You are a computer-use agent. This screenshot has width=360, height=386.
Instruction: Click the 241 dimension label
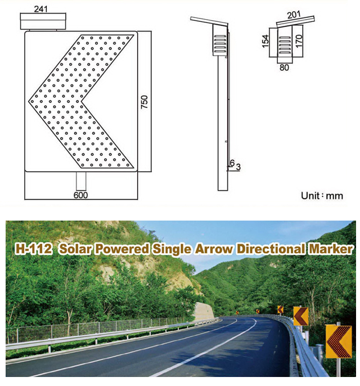tap(40, 9)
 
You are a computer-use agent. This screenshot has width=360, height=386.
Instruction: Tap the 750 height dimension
tap(144, 102)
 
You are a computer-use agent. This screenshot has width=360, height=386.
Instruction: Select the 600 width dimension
tap(80, 195)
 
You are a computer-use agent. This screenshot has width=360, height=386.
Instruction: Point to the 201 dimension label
tap(294, 15)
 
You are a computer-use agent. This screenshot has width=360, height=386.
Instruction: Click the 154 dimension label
tap(265, 41)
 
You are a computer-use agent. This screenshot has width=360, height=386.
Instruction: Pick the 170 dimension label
tap(299, 41)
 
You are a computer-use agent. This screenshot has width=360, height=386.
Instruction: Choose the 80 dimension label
tap(284, 67)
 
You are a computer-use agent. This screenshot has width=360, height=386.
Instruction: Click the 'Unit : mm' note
tap(322, 196)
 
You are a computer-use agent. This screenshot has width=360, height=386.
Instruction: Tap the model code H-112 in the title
tap(34, 249)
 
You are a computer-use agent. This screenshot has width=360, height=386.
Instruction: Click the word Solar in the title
tap(75, 249)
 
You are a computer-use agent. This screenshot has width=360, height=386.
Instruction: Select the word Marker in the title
tap(331, 249)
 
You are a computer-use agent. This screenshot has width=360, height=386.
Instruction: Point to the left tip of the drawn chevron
tap(29, 101)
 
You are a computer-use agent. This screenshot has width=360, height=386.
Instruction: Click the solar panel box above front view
tap(43, 21)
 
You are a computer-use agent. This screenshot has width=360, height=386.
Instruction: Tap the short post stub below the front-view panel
tap(81, 181)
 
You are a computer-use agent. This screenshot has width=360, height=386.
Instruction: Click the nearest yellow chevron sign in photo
tap(339, 342)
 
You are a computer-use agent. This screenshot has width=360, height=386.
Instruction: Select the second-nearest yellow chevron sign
tap(301, 316)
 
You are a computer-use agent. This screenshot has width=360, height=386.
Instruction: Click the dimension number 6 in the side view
tap(232, 163)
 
